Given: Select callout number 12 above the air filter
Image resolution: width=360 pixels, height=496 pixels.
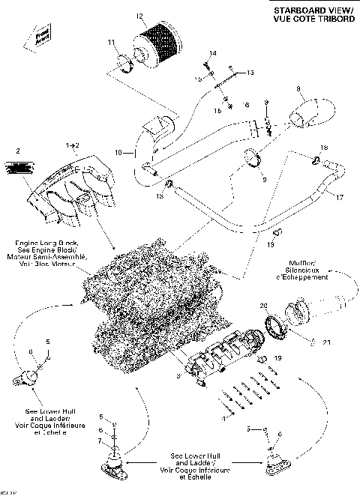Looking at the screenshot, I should [139, 15].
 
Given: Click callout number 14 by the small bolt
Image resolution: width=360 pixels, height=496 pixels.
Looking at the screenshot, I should [213, 53].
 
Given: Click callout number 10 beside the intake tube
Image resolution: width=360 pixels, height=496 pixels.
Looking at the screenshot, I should [118, 153].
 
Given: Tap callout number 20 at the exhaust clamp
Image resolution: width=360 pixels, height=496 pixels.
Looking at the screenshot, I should [262, 306].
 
